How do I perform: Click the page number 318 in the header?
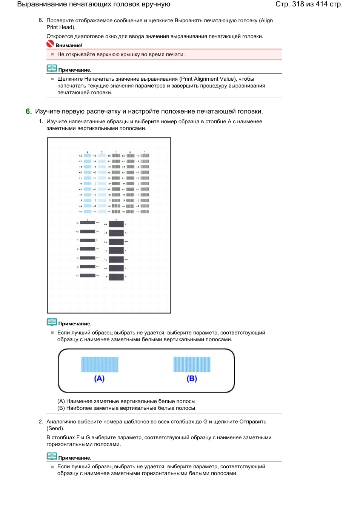pyautogui.click(x=298, y=4)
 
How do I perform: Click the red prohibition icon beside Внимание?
pyautogui.click(x=50, y=44)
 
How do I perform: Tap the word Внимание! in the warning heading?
pyautogui.click(x=69, y=46)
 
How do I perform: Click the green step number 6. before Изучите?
pyautogui.click(x=29, y=111)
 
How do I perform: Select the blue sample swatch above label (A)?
pyautogui.click(x=100, y=364)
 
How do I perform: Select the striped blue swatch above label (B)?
pyautogui.click(x=192, y=364)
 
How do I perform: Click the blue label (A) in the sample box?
pyautogui.click(x=99, y=379)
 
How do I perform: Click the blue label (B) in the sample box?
pyautogui.click(x=192, y=379)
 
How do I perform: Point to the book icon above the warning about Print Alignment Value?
pyautogui.click(x=52, y=68)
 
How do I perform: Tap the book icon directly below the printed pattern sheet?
pyautogui.click(x=52, y=322)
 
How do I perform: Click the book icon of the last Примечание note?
pyautogui.click(x=52, y=456)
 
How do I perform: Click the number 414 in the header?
pyautogui.click(x=322, y=4)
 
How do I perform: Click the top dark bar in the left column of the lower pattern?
pyautogui.click(x=88, y=222)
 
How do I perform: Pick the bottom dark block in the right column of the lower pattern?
pyautogui.click(x=116, y=277)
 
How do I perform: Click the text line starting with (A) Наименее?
pyautogui.click(x=126, y=401)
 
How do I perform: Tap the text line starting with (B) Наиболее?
pyautogui.click(x=126, y=408)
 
